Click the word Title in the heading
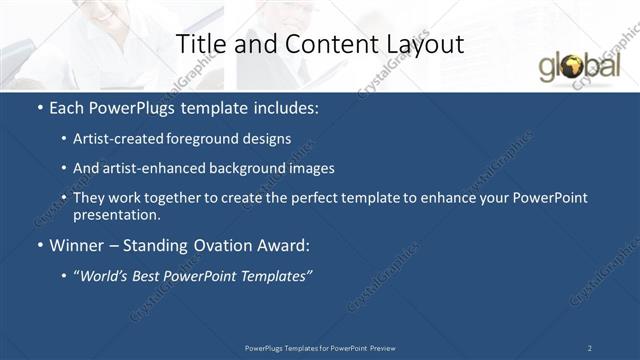tap(198, 44)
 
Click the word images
tap(310, 168)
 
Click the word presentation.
tap(116, 214)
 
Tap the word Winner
tap(77, 245)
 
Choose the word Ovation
tap(209, 245)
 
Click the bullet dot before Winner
tap(39, 245)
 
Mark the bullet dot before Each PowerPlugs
tap(39, 107)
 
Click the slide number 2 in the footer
tap(590, 347)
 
